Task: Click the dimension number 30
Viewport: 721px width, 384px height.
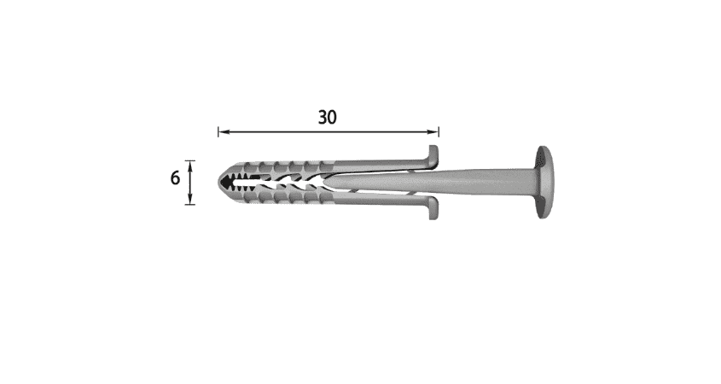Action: pos(328,117)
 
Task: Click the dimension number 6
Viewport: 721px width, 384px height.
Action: pos(175,178)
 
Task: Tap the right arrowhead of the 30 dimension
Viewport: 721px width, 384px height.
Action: pos(433,132)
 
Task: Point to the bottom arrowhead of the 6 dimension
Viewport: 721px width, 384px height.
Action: pos(190,199)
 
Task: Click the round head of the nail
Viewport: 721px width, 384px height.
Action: pos(544,182)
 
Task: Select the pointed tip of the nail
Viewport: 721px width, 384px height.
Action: pos(327,182)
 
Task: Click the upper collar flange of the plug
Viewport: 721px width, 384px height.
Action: pos(433,155)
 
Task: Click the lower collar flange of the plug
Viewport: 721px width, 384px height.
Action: pos(433,208)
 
